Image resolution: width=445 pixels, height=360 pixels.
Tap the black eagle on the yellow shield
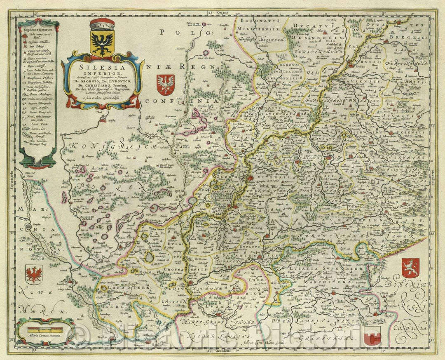tap(101, 43)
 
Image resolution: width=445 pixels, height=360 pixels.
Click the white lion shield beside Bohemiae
tap(411, 268)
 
